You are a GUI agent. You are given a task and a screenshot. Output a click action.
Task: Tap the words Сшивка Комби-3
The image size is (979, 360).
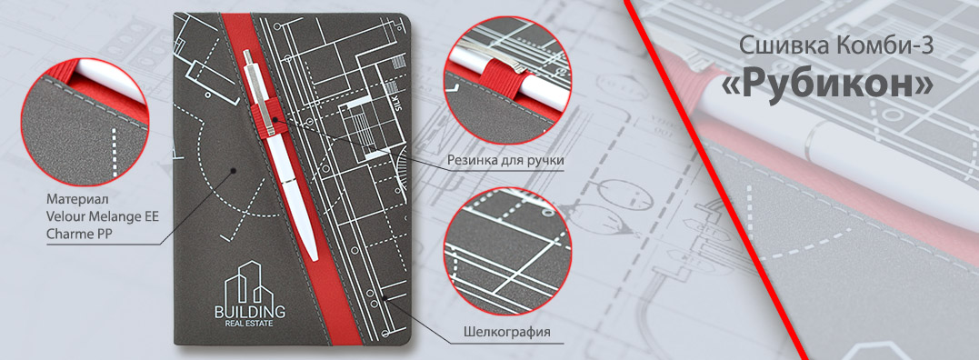coord(836,45)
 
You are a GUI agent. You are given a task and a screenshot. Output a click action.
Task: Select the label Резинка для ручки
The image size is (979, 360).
coord(505,160)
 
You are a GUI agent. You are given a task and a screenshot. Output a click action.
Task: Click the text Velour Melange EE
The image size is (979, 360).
coord(103,216)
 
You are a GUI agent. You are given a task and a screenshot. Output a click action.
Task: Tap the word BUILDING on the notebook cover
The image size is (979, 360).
coord(250,311)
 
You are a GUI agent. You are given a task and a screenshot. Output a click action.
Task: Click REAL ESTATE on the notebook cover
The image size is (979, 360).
coord(250,324)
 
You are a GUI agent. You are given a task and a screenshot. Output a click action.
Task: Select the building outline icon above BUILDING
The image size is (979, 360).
coord(249,282)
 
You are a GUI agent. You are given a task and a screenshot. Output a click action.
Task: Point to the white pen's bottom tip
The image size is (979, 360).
coord(314,257)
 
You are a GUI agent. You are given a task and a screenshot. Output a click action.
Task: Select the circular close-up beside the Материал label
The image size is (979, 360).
coord(85,122)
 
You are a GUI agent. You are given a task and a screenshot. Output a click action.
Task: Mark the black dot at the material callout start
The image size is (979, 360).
coord(233,170)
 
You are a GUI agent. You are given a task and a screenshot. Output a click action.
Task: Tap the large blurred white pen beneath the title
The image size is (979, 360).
coord(831,150)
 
